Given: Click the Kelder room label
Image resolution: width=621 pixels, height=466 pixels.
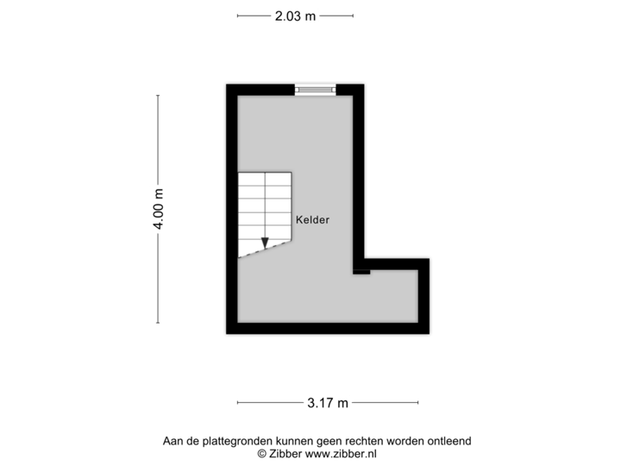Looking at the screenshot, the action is click(312, 220).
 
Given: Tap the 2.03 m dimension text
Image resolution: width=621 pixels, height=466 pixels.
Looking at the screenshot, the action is click(296, 16).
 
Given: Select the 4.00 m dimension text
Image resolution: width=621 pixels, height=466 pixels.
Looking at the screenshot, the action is click(159, 209).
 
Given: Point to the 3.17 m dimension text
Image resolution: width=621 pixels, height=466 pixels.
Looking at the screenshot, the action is click(328, 403).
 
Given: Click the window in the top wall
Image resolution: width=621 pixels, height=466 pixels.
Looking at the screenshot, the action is click(316, 90).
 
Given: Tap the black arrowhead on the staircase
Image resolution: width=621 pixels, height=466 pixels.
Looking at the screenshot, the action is click(265, 242).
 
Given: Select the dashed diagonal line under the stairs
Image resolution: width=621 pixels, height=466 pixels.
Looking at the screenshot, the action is click(265, 249).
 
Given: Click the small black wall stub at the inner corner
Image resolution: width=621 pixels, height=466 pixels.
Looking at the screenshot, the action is click(361, 272).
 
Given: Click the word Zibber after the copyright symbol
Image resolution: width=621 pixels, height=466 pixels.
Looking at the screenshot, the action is click(285, 454).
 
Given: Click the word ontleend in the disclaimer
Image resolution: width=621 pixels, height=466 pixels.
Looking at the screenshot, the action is click(448, 441).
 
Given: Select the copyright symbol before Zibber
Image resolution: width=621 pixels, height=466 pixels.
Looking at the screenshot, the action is click(262, 454).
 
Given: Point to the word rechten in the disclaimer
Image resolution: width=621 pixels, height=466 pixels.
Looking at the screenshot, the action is click(364, 441).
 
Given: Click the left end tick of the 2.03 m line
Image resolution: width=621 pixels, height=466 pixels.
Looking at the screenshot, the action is click(238, 16).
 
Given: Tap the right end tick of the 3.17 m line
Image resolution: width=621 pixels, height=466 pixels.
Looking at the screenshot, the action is click(417, 403).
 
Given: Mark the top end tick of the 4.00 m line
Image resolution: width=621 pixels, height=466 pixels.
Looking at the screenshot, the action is click(158, 96).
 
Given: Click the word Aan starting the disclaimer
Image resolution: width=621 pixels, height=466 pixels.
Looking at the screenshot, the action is click(172, 441).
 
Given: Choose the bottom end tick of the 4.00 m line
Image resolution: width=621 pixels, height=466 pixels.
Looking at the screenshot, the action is click(158, 323).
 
